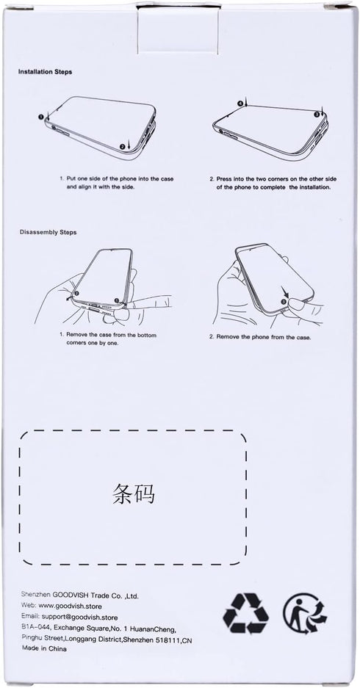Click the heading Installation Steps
click(x=46, y=71)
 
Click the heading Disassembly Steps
click(x=48, y=232)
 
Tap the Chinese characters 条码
click(x=133, y=494)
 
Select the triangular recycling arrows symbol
click(x=245, y=613)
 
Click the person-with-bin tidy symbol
click(x=305, y=613)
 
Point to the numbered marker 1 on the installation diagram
click(x=40, y=117)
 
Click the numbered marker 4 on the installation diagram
click(x=240, y=104)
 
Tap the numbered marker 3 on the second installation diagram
click(x=317, y=114)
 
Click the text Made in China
click(x=44, y=648)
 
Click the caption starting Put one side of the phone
click(x=116, y=183)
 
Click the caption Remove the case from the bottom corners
click(x=108, y=338)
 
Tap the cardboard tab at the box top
click(x=178, y=29)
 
